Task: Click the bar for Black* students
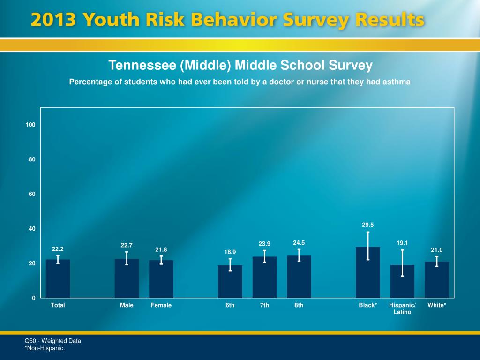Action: (x=368, y=277)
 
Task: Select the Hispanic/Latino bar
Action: (x=402, y=284)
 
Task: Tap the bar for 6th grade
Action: (x=230, y=284)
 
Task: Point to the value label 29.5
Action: (x=368, y=225)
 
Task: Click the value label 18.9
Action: (x=230, y=252)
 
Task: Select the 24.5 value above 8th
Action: (x=299, y=243)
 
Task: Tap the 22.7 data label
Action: (x=127, y=245)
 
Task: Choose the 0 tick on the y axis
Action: (x=34, y=298)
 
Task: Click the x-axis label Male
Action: (x=127, y=305)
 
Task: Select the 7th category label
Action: (x=265, y=305)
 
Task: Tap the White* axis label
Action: (x=437, y=305)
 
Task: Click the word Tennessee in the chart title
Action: (x=142, y=65)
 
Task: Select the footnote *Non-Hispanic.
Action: (x=45, y=348)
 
